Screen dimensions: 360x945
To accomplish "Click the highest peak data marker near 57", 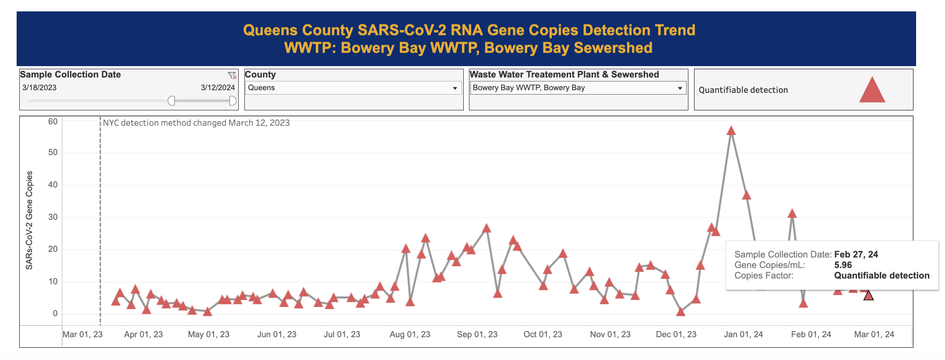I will pos(731,131).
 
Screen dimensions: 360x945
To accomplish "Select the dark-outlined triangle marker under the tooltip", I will pos(868,296).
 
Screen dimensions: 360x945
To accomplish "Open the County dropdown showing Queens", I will pos(353,88).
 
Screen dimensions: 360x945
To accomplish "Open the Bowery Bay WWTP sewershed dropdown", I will pos(578,88).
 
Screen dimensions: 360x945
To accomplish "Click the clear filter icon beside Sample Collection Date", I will pos(232,75).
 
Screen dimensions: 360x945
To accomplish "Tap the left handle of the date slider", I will pos(171,101).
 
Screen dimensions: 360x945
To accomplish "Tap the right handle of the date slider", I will pos(233,101).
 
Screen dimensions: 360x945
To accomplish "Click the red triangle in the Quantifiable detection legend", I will pos(872,90).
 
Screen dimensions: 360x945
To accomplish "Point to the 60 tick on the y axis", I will pos(53,122).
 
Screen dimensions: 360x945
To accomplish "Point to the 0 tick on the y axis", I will pos(55,314).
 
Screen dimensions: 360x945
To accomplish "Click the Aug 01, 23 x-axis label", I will pos(410,335).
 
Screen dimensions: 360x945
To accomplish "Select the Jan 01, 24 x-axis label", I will pos(743,335).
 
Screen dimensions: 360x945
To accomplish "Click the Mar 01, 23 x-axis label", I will pos(82,335).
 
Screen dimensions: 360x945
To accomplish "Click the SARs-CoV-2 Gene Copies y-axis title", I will pos(29,220).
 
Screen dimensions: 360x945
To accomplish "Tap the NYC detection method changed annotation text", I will pos(196,123).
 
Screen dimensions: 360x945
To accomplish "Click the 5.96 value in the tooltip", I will pos(843,265).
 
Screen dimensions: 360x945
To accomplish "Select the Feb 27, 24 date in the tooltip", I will pos(856,254).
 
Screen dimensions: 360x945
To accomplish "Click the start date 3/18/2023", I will pos(39,88).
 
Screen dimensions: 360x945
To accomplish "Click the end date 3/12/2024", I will pos(218,88).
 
